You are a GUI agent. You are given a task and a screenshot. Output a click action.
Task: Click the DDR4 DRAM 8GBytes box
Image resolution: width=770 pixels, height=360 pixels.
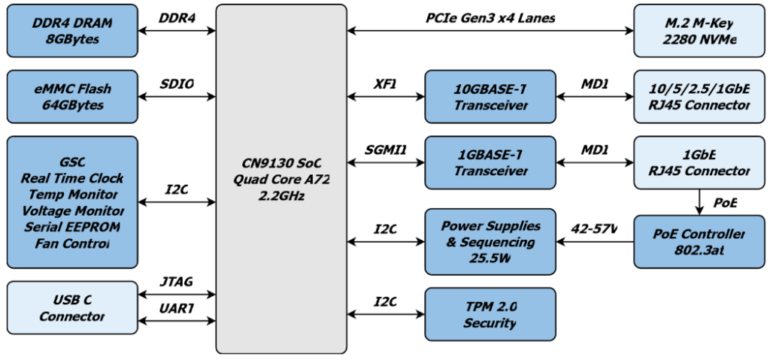[72, 30]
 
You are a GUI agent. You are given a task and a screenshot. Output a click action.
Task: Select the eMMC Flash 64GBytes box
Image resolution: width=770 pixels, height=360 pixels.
[72, 96]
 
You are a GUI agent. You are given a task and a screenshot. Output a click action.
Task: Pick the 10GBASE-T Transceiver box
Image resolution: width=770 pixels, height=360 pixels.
[490, 96]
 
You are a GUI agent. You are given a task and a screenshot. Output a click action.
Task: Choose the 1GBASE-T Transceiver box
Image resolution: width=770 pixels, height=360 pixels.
[490, 162]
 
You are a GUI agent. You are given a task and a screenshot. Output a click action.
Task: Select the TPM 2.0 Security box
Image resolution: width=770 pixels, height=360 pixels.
[490, 314]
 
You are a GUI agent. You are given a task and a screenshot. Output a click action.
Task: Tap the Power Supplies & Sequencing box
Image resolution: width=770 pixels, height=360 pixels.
[490, 241]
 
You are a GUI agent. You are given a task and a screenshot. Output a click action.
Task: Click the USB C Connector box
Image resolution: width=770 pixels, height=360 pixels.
[72, 307]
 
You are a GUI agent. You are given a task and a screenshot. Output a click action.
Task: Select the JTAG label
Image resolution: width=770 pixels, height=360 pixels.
[177, 282]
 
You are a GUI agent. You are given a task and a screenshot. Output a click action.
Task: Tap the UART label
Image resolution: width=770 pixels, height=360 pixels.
[177, 308]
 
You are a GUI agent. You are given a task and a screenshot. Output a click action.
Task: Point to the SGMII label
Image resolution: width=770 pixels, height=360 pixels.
[386, 149]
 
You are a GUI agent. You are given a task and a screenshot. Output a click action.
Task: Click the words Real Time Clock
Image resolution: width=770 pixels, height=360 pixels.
[72, 178]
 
